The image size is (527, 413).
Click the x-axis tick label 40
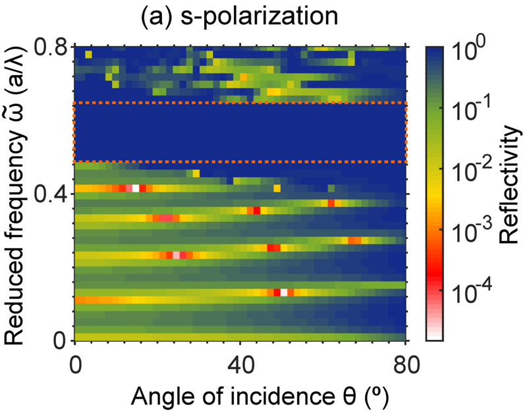click(240, 364)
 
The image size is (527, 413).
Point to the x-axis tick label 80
click(405, 364)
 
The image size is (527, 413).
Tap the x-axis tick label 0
click(74, 364)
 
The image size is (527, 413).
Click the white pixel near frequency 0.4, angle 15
click(136, 188)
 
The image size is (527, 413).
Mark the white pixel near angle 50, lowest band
click(284, 292)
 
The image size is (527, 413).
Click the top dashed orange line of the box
click(240, 103)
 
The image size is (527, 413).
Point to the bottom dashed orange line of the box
click(240, 162)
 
